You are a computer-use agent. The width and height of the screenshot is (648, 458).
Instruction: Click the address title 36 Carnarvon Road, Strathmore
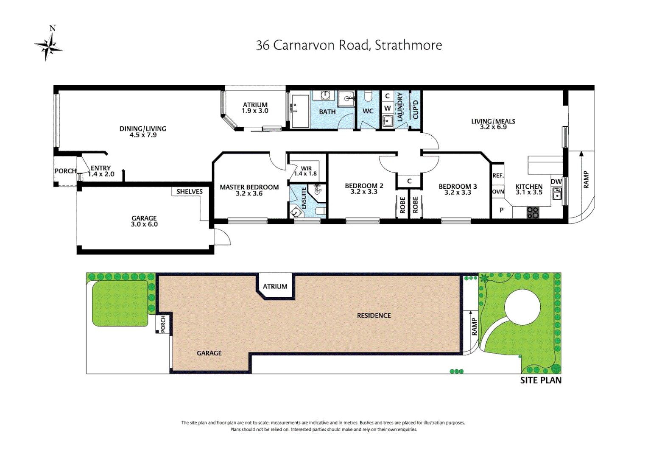coord(349,45)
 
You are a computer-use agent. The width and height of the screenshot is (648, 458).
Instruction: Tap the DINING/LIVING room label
coord(142,129)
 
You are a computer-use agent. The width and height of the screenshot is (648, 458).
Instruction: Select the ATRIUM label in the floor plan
coord(255,105)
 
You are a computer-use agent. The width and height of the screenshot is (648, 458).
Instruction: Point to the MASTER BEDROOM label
coord(249,187)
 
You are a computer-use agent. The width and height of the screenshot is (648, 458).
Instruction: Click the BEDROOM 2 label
coord(364,186)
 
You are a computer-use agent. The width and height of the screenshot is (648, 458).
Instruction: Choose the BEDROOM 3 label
coord(458,187)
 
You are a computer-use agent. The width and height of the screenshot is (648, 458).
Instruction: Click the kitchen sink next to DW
coord(557,195)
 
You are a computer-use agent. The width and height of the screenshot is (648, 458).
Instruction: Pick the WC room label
coord(368,111)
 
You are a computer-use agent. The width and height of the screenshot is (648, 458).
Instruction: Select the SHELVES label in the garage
coord(189,192)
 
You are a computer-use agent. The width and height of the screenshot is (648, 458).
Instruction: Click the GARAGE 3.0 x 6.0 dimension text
coord(144,224)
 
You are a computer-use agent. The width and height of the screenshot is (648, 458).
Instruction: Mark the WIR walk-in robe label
coord(306,168)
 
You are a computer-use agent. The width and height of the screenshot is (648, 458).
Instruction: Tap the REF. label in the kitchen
coord(498,176)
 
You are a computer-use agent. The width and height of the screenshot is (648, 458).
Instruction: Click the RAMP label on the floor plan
coord(586,179)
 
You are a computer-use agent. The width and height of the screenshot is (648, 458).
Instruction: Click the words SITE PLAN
coord(541,380)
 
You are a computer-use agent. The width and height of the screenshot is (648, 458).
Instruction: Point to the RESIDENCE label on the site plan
coord(374,316)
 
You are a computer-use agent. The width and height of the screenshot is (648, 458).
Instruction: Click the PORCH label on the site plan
coord(163,324)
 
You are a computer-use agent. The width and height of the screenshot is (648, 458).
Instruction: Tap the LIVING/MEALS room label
coord(493,121)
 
